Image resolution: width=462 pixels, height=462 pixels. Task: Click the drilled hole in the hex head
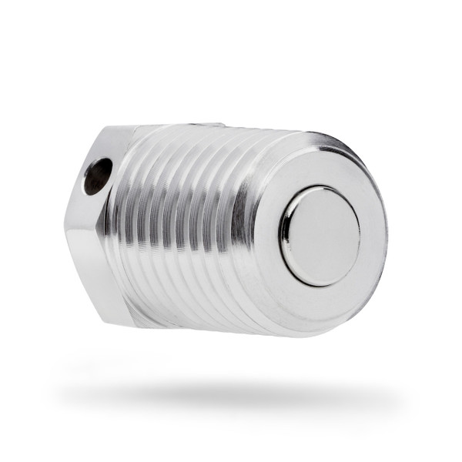pyautogui.click(x=97, y=176)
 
